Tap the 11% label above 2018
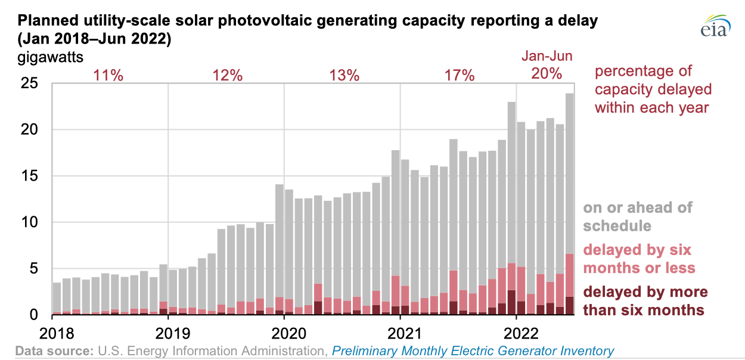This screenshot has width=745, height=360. click(108, 75)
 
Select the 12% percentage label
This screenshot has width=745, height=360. click(228, 75)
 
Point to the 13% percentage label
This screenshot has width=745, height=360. click(344, 75)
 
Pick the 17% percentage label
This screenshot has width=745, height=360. click(459, 75)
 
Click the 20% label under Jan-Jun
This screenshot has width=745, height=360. click(547, 74)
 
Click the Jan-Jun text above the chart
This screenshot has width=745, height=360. click(547, 57)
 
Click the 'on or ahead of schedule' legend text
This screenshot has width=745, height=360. click(638, 216)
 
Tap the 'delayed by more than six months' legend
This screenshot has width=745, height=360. click(644, 301)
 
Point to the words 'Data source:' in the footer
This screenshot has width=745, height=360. click(52, 351)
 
